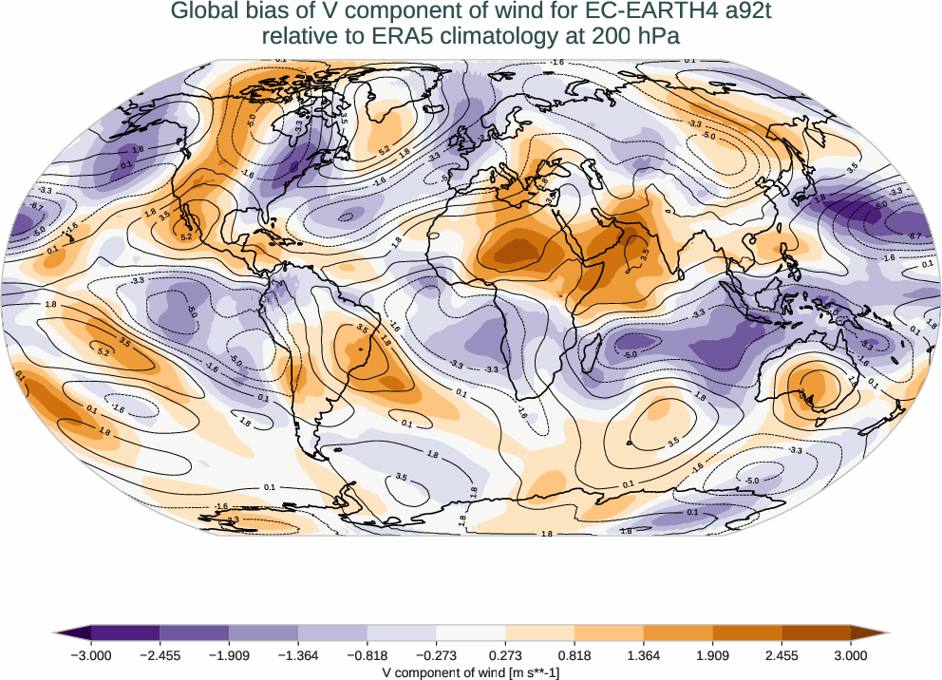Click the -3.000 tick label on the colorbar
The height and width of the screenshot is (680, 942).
tap(90, 655)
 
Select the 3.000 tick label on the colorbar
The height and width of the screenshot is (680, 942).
tap(851, 655)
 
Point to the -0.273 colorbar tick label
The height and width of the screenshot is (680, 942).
tap(436, 655)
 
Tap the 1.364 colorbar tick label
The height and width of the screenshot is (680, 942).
tap(644, 655)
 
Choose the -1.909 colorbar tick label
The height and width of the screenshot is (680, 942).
tap(229, 655)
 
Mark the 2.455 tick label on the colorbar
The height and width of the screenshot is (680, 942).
tap(782, 655)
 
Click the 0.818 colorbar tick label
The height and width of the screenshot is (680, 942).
tap(575, 655)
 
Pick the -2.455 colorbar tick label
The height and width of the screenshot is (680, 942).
tap(160, 655)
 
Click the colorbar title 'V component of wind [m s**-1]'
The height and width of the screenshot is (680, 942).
tap(471, 671)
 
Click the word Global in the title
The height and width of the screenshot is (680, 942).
tap(203, 12)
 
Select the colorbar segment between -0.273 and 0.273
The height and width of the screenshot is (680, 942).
tap(471, 633)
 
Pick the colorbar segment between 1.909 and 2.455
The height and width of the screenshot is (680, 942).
tap(747, 633)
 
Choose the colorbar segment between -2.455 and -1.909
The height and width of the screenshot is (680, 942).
tap(195, 633)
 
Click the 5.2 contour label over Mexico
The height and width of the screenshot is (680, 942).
tap(187, 236)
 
